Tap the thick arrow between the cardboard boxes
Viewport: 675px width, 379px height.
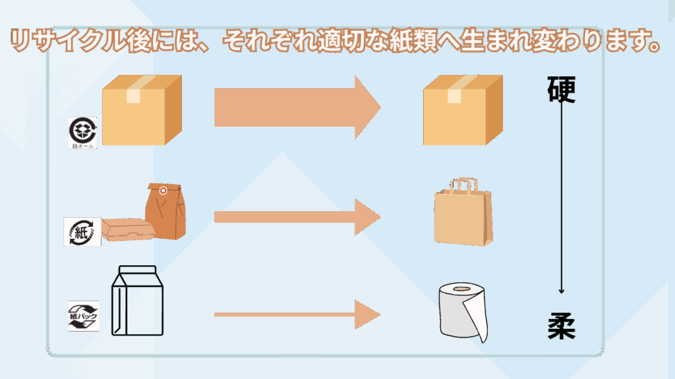(x=297, y=107)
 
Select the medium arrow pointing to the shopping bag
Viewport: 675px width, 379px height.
(x=297, y=216)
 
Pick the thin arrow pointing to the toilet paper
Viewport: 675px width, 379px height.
(x=297, y=315)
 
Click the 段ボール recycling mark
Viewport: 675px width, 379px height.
(x=83, y=132)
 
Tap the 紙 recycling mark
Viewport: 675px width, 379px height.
(x=82, y=232)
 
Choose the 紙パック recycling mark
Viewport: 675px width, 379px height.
(x=83, y=315)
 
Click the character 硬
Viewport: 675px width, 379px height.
(x=561, y=90)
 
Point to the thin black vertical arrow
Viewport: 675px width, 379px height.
(x=561, y=197)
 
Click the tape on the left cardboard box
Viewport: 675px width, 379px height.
(x=133, y=89)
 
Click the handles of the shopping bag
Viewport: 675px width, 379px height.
(x=462, y=185)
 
